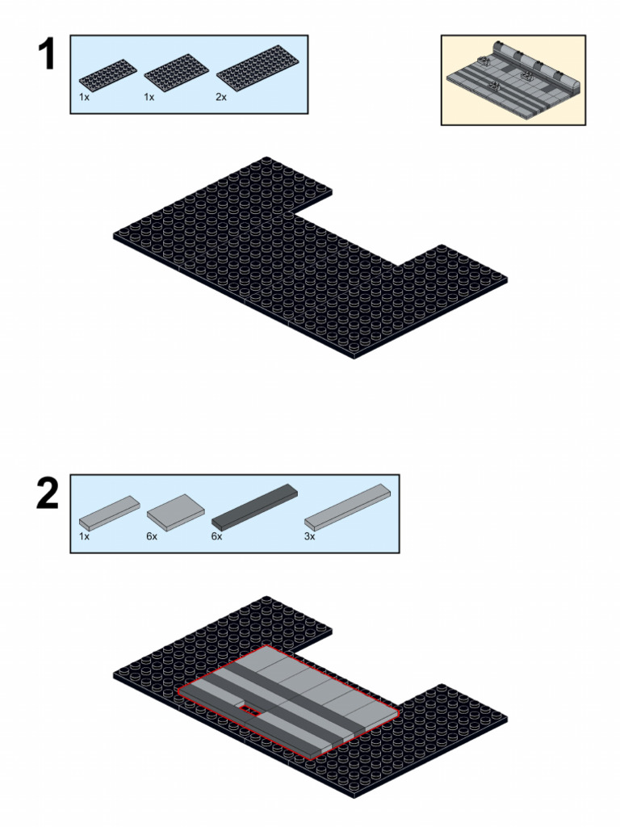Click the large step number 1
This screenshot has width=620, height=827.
click(47, 54)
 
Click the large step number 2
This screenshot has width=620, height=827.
click(48, 493)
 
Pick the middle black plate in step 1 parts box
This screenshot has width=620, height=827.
click(177, 73)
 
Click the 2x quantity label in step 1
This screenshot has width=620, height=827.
click(221, 97)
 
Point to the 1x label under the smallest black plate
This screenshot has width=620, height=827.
click(84, 97)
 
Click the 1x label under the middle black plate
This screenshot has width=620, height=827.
click(149, 97)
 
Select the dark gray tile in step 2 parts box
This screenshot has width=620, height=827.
click(254, 506)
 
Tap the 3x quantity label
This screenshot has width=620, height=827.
click(309, 536)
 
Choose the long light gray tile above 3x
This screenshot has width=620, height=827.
click(347, 507)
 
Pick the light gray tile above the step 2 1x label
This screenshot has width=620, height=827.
click(110, 512)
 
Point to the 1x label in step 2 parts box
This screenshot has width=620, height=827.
click(84, 536)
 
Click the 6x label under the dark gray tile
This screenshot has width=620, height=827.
click(216, 536)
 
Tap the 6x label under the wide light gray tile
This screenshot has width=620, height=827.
click(152, 536)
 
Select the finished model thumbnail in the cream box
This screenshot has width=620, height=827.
click(513, 80)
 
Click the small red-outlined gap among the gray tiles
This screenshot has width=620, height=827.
click(252, 712)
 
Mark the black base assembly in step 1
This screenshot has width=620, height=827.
click(311, 258)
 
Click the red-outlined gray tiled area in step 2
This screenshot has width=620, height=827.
click(288, 702)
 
